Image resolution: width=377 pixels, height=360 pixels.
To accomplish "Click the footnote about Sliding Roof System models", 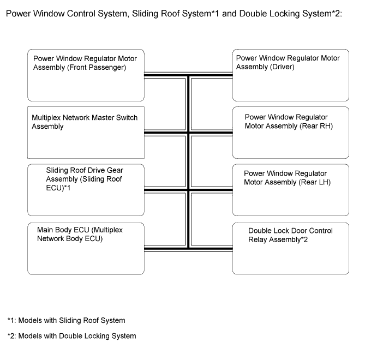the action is pos(67,320).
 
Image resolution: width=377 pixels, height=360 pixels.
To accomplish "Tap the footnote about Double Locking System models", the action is pos(71,336).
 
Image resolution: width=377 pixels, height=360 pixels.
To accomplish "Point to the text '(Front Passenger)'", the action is pos(97,67).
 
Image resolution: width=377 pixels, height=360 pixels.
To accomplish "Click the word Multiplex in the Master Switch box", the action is pos(46,117).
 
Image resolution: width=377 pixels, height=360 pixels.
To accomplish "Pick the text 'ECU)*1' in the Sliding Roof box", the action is pos(58,188).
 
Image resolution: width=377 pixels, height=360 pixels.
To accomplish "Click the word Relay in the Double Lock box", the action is pos(257,239).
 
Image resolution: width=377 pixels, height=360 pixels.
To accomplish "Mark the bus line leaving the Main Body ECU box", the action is pos(166,249).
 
